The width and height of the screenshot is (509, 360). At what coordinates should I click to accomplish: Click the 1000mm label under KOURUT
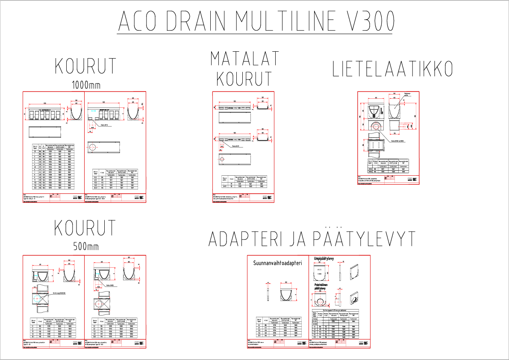coord(86,84)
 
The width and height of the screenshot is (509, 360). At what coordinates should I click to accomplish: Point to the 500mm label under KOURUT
coord(86,246)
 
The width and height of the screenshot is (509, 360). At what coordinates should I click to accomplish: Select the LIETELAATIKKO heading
coord(393,70)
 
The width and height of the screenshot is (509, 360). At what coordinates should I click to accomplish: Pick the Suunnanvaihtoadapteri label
coord(277,263)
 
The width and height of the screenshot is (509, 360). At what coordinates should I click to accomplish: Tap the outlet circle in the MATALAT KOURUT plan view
coord(221,160)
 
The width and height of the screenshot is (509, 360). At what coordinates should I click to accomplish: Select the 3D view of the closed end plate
coord(356,271)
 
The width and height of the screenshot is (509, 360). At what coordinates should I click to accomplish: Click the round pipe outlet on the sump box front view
coord(376,127)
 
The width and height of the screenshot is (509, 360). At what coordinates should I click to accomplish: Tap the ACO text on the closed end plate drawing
coord(320,270)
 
